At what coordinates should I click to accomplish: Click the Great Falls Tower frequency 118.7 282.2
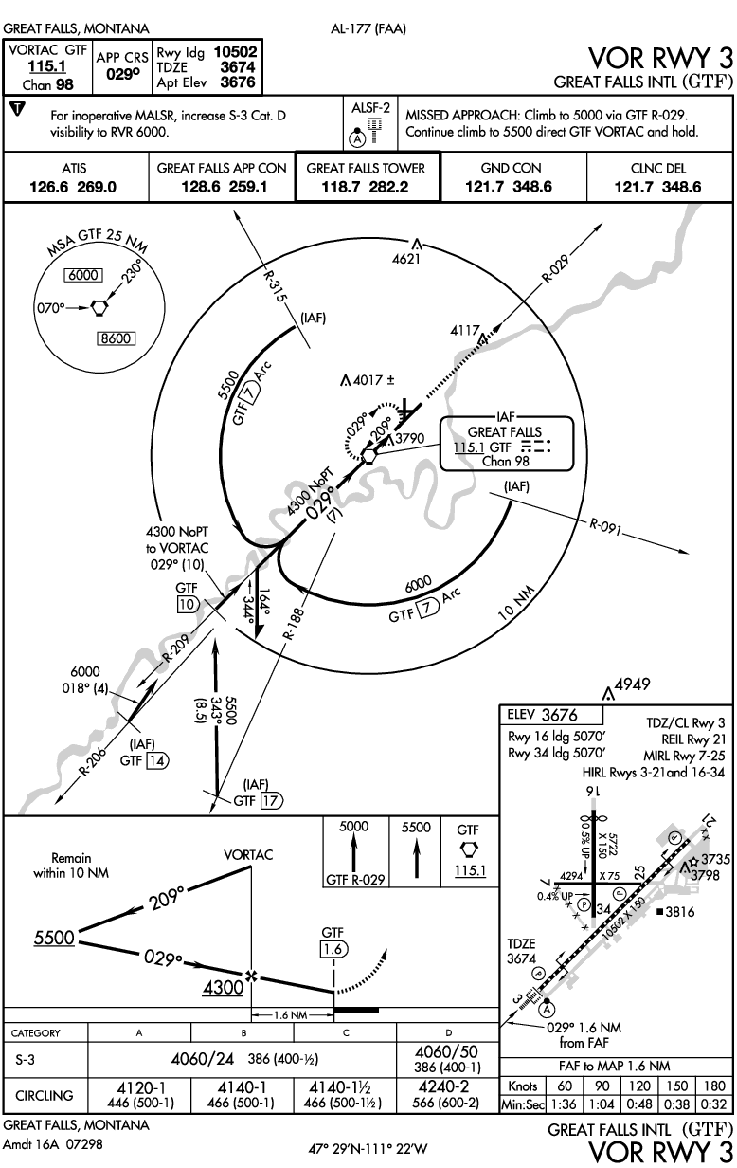tap(367, 187)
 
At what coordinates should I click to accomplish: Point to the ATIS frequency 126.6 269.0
tap(73, 187)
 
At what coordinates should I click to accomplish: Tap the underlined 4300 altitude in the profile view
tap(225, 987)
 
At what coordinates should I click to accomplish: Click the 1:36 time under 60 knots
tap(564, 1105)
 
